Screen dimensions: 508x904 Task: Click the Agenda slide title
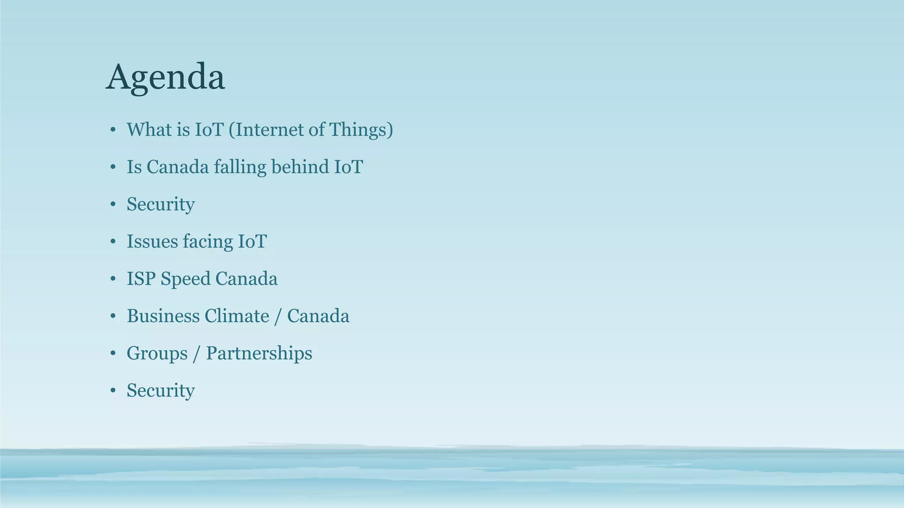pyautogui.click(x=165, y=77)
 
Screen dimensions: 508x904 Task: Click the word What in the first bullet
pyautogui.click(x=148, y=130)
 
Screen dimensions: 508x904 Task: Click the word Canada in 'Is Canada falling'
pyautogui.click(x=177, y=167)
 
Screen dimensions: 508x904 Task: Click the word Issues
pyautogui.click(x=152, y=242)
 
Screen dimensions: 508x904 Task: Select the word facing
pyautogui.click(x=207, y=242)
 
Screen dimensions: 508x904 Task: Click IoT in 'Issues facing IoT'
pyautogui.click(x=252, y=242)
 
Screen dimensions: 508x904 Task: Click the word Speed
pyautogui.click(x=185, y=279)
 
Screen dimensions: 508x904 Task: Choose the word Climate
pyautogui.click(x=237, y=316)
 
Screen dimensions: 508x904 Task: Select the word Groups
pyautogui.click(x=157, y=353)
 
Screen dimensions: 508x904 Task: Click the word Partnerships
pyautogui.click(x=259, y=353)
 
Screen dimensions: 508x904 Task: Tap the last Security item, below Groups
pyautogui.click(x=161, y=391)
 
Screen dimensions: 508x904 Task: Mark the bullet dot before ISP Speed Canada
pyautogui.click(x=113, y=279)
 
